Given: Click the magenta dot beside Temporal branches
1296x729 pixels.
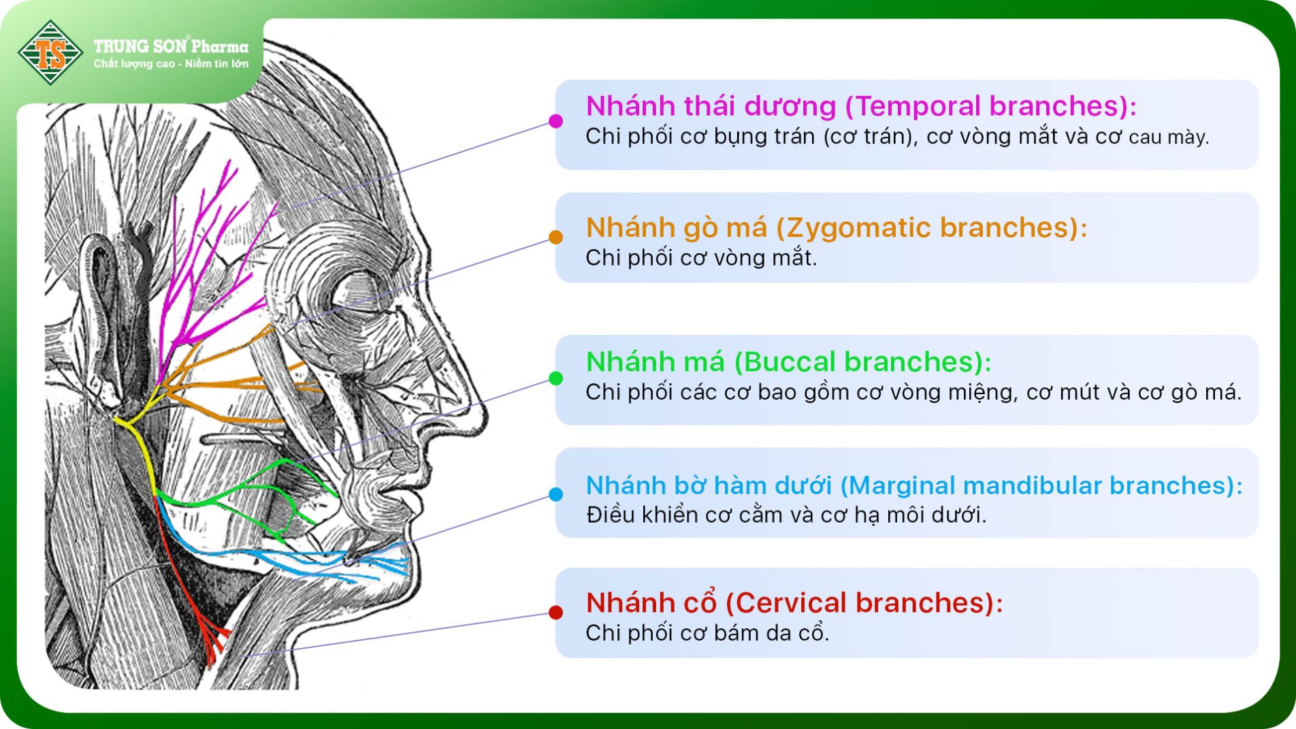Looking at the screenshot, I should tap(555, 121).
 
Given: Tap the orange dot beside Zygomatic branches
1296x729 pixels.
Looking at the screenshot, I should tap(555, 237).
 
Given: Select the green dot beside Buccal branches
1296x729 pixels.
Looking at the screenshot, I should tap(555, 378).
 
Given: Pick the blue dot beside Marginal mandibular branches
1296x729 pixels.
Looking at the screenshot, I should tap(555, 494).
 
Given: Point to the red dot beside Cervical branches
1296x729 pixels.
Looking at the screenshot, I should tap(555, 613).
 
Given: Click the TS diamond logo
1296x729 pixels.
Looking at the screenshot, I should tap(50, 52).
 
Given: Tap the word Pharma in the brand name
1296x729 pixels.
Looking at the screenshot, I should tap(220, 47).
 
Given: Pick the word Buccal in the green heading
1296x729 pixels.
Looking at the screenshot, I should tap(793, 362).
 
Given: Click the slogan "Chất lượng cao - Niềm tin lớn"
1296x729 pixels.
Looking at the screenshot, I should tap(171, 64).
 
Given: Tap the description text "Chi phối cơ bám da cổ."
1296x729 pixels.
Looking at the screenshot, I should tap(707, 633).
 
